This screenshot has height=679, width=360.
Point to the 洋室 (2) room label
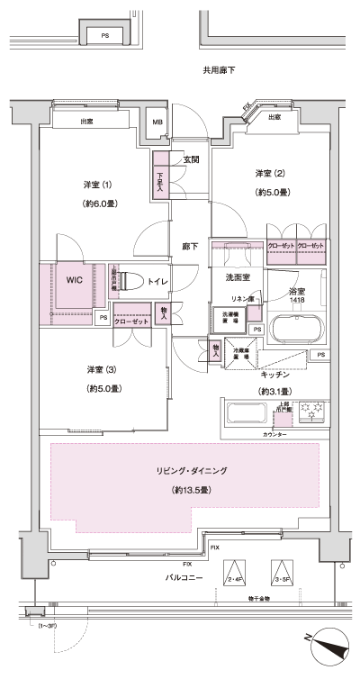pos(268,172)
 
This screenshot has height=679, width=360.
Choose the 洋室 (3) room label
pos(101,369)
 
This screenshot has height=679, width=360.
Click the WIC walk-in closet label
pos(74,279)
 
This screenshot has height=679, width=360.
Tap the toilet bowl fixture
pos(128,281)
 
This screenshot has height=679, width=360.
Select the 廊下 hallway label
pos(189,245)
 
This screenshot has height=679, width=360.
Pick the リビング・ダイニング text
pos(188,470)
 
